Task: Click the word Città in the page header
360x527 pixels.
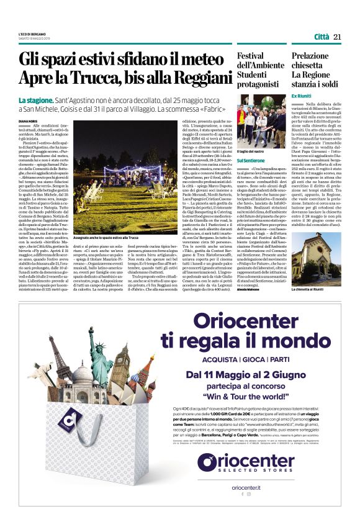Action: [x=322, y=37]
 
